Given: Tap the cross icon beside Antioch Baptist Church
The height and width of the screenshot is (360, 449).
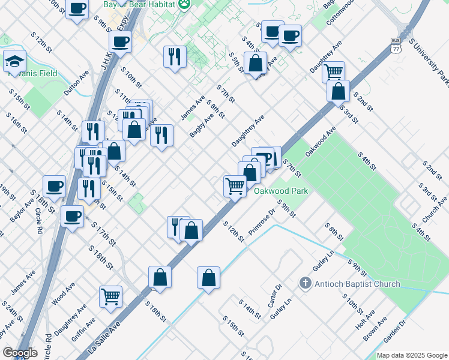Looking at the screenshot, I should pyautogui.click(x=305, y=283).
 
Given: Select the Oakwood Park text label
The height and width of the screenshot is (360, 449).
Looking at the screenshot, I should pyautogui.click(x=281, y=191).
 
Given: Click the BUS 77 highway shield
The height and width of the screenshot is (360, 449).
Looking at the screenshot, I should pyautogui.click(x=395, y=45).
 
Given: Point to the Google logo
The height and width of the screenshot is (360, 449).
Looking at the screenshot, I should pyautogui.click(x=20, y=353).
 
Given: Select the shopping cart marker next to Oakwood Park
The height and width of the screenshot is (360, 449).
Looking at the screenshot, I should pyautogui.click(x=235, y=185).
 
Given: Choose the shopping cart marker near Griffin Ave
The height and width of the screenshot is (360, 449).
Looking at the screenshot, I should pyautogui.click(x=110, y=296).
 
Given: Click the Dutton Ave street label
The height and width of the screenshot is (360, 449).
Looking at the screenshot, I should pyautogui.click(x=76, y=83).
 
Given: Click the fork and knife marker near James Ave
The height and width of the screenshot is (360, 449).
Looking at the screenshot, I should pyautogui.click(x=175, y=57).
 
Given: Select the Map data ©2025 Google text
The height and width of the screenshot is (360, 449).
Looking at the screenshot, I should pyautogui.click(x=412, y=355).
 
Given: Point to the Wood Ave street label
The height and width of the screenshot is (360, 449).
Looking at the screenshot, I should pyautogui.click(x=62, y=296).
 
